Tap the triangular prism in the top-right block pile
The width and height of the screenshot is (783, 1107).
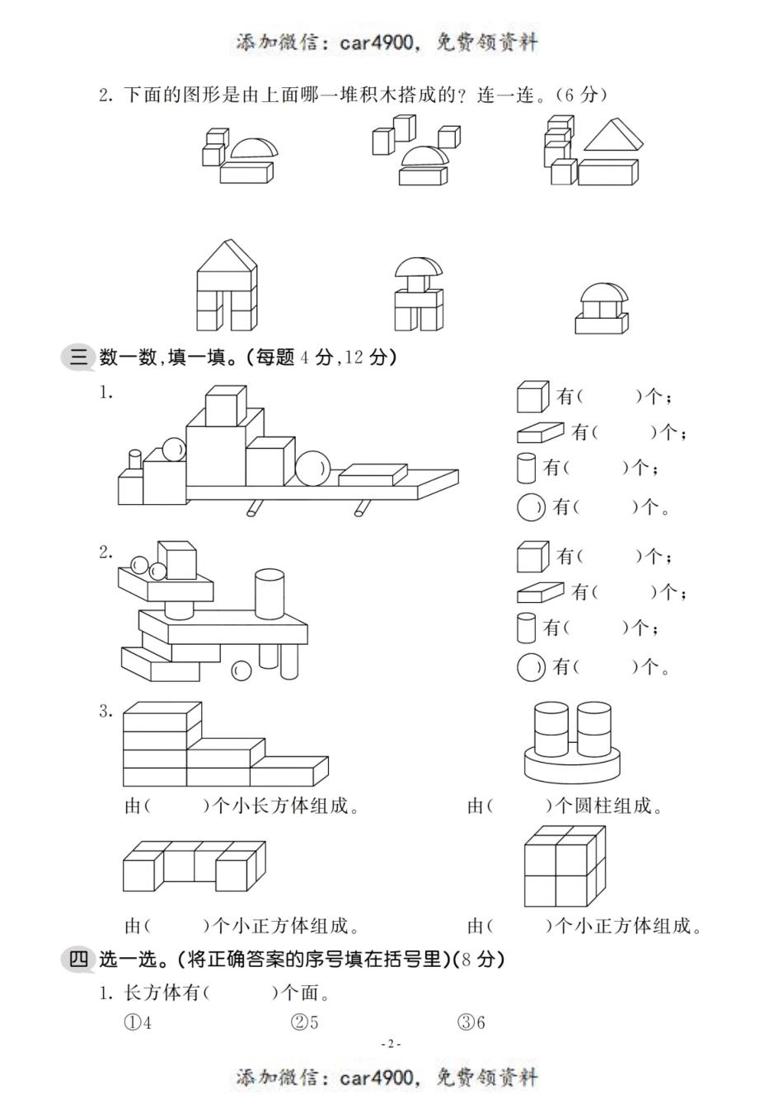[612, 137]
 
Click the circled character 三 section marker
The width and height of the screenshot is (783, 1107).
[78, 357]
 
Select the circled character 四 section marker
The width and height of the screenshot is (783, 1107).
[78, 959]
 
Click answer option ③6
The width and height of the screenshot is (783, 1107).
[471, 1023]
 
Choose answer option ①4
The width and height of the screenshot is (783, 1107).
[138, 1023]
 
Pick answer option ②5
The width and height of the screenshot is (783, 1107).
[305, 1023]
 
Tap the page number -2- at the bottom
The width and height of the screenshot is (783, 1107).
[391, 1044]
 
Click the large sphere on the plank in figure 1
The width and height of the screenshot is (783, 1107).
[312, 469]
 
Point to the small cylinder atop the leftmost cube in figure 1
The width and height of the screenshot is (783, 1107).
[134, 460]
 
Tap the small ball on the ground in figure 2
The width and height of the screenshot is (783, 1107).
[241, 670]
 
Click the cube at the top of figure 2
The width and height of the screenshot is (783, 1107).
[176, 560]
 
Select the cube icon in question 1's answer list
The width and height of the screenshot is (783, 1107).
[532, 397]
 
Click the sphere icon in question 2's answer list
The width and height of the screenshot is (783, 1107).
[531, 666]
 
